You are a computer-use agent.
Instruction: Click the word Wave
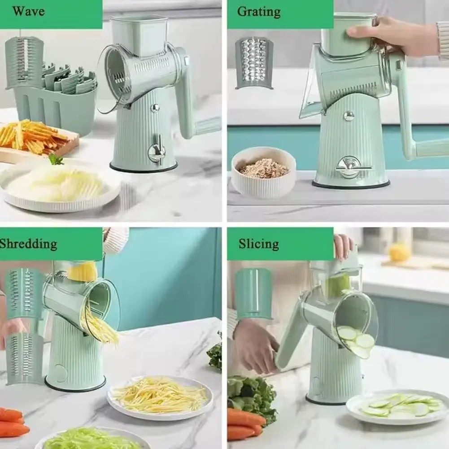coord(28,11)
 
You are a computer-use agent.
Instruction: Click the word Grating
coord(259,11)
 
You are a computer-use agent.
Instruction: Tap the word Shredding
coord(28,244)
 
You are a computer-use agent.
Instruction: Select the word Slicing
coord(258,244)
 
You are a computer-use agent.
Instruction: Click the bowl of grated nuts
coord(263,171)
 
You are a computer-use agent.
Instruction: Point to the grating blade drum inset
coord(254,62)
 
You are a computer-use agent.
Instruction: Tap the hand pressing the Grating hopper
coord(395,35)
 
